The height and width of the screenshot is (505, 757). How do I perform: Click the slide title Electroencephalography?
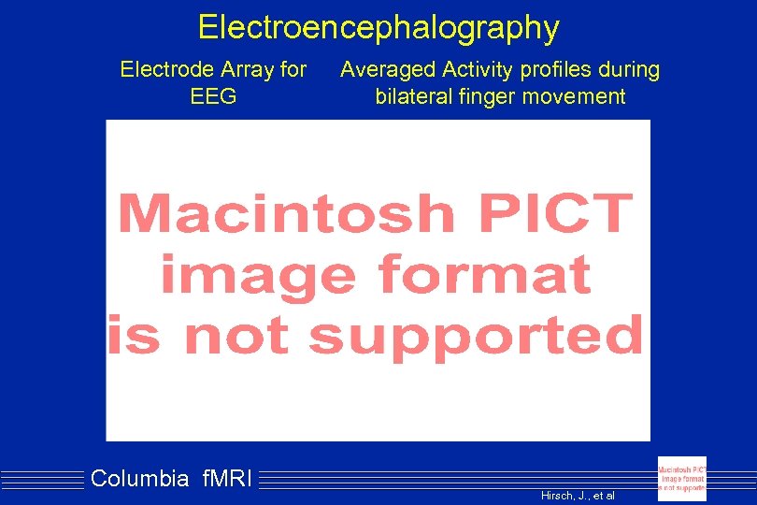click(378, 27)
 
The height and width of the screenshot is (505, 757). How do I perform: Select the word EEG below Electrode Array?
click(213, 96)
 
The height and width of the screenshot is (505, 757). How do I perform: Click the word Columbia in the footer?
click(140, 480)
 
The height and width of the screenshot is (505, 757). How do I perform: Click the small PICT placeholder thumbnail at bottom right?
click(682, 478)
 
